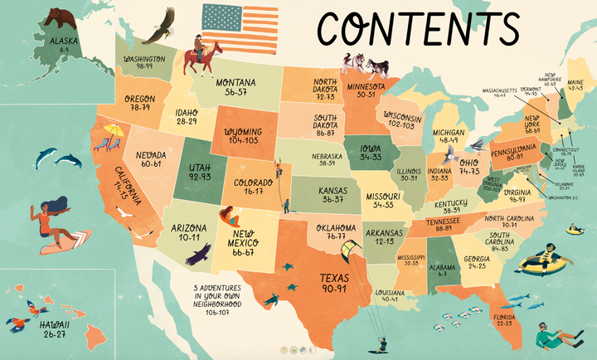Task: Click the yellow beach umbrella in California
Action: [114, 130]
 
